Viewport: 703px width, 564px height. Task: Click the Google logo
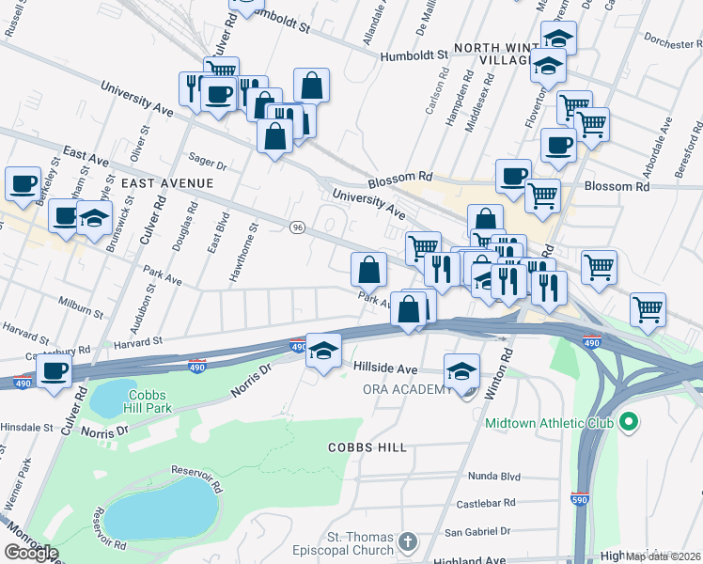(x=31, y=552)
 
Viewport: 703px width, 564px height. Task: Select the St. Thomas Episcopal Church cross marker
(x=406, y=541)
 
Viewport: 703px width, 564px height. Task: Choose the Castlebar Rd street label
(x=487, y=504)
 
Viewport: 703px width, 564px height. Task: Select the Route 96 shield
(x=298, y=227)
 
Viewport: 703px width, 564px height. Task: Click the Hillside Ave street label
(x=385, y=369)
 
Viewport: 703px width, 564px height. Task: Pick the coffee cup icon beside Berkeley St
(x=23, y=182)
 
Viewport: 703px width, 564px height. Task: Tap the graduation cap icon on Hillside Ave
(x=322, y=352)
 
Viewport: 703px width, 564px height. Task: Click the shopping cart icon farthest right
(x=648, y=307)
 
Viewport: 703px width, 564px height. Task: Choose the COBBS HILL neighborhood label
(x=367, y=447)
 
